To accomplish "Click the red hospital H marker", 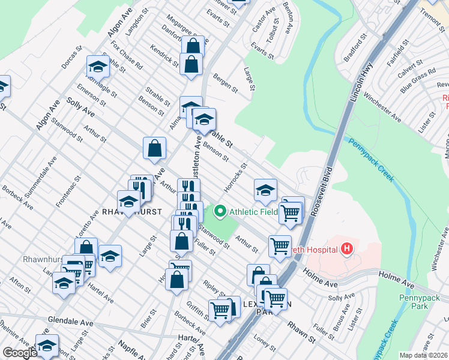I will click(x=346, y=247).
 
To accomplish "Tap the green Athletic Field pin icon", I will click(x=220, y=211).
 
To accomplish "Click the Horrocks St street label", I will click(x=236, y=178).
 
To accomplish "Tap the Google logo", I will click(x=20, y=353).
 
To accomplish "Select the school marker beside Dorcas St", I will click(x=98, y=68).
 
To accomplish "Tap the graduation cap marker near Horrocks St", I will click(x=265, y=191).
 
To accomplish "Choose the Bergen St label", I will click(x=224, y=83).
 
